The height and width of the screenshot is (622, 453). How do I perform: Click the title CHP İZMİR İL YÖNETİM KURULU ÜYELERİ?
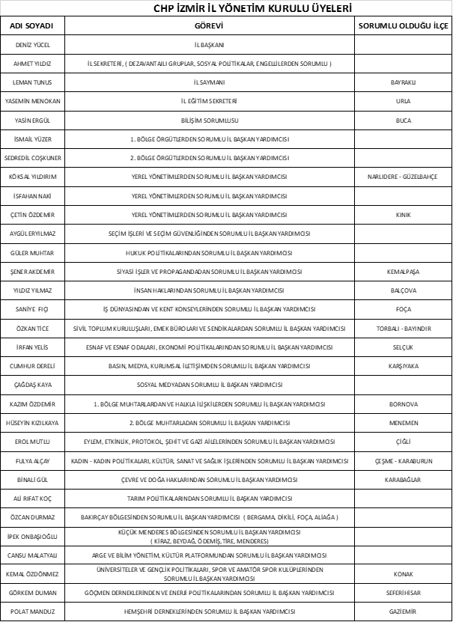[x=226, y=8]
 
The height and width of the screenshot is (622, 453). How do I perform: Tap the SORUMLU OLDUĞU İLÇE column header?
[x=404, y=25]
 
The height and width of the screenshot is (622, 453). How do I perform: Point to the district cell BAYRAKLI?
[x=404, y=82]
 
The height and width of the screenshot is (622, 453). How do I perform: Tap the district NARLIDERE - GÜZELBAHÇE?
[x=404, y=177]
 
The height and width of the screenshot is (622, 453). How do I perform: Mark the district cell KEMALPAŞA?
[x=404, y=272]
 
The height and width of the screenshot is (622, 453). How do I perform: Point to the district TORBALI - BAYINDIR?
[x=404, y=329]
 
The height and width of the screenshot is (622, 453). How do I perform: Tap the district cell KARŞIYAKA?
[x=404, y=366]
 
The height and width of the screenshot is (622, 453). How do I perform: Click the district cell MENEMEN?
[x=404, y=423]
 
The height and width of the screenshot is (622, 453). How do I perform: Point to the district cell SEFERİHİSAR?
[x=404, y=593]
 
